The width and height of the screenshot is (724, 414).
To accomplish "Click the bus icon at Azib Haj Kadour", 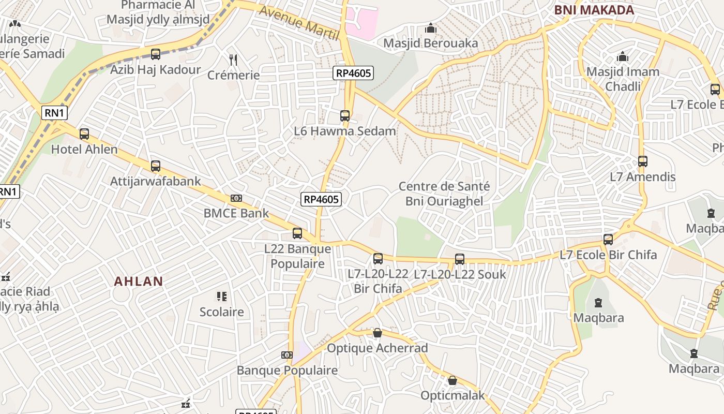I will click(156, 54).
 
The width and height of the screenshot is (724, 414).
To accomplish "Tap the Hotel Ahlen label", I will click(84, 150).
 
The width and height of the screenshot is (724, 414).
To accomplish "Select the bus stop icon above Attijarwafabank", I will click(156, 166).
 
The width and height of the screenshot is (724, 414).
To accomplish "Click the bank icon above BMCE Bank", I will click(236, 198).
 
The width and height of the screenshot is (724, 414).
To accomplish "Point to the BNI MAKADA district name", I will click(594, 10).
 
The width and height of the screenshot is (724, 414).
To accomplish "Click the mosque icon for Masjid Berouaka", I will click(431, 28).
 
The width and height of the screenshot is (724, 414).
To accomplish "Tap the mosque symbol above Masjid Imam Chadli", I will click(623, 56).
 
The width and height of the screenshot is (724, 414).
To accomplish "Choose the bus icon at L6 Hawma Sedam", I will click(345, 116).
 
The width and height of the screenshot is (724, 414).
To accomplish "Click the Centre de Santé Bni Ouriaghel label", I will click(444, 194).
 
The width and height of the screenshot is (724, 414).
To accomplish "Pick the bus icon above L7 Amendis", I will click(643, 161).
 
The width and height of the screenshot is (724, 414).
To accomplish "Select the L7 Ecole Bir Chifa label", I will click(609, 255).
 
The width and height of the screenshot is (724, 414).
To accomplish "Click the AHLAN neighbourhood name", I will click(139, 282).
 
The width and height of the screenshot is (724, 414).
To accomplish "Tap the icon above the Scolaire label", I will click(222, 297).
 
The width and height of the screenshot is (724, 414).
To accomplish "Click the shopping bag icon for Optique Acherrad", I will click(378, 333).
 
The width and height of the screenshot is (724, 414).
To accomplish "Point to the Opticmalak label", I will click(452, 396).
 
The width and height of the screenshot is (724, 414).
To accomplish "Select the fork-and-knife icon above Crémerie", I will click(233, 60).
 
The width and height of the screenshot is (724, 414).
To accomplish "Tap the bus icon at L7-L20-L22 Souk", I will click(460, 259).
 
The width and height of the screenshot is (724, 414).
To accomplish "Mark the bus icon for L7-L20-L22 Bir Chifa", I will click(378, 258).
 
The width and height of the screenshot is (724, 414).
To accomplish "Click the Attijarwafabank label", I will click(156, 181).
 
